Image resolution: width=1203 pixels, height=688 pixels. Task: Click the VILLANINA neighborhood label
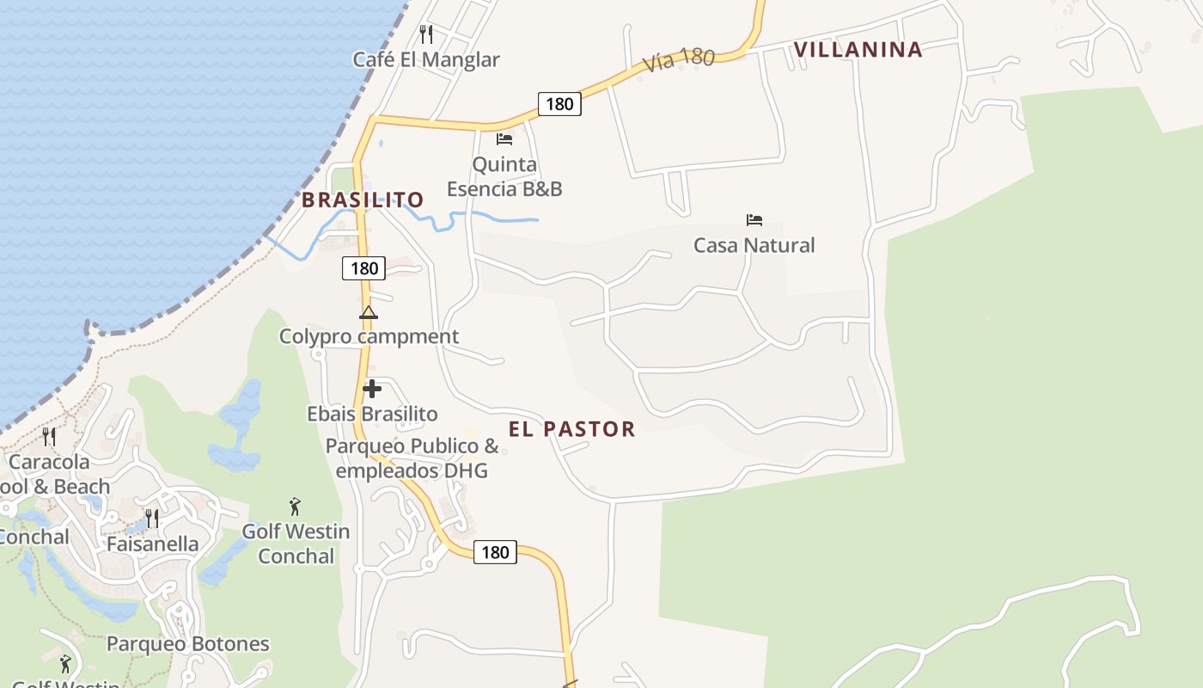858,50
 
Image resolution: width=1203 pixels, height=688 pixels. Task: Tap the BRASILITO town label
363,200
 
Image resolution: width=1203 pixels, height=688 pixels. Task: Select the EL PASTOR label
571,429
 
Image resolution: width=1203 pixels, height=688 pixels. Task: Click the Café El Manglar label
426,59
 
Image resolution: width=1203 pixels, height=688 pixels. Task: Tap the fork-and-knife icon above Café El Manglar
426,34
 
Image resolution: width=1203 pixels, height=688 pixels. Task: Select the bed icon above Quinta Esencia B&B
504,138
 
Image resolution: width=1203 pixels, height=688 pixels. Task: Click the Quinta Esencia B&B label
504,176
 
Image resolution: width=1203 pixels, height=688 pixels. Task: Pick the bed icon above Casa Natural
754,220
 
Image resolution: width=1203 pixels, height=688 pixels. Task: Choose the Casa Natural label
754,245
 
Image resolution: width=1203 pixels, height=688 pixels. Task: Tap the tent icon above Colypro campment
369,312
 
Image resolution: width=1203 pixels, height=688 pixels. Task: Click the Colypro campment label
369,336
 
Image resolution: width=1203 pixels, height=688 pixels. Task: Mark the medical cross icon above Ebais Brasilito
372,389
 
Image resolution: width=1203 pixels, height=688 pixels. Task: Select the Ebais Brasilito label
372,414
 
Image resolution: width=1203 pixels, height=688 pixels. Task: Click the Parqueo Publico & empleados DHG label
412,458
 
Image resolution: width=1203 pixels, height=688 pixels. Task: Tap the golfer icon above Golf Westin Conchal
296,507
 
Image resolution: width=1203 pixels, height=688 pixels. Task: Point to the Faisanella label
152,544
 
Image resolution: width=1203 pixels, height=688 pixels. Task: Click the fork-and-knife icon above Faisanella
152,518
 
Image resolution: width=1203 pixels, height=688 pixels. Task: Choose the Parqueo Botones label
187,643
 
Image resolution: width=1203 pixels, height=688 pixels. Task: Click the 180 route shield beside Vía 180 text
559,104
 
